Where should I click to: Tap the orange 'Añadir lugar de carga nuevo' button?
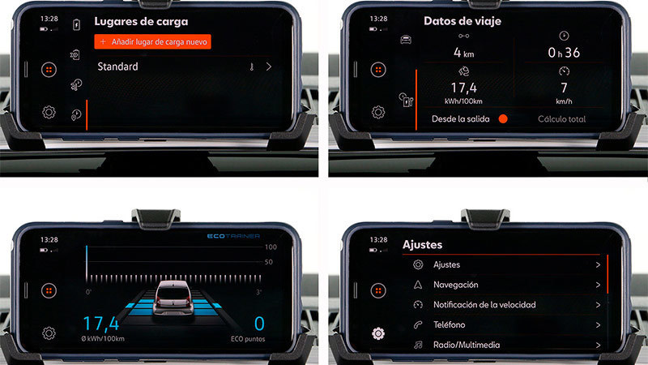[152, 42]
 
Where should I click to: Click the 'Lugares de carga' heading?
[141, 22]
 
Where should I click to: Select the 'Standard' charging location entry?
[117, 67]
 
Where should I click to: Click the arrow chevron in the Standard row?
[269, 67]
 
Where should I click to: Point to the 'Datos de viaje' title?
[463, 21]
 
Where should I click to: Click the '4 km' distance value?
[463, 53]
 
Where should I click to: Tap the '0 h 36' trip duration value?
[564, 53]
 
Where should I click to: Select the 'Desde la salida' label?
[460, 119]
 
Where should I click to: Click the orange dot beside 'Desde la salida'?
[503, 119]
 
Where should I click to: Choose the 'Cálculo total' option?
[561, 119]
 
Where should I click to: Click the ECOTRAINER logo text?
[233, 236]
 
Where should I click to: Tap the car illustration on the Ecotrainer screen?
[173, 298]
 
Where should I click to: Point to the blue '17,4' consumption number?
[100, 323]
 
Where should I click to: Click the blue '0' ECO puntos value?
[259, 324]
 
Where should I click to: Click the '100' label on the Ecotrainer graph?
[271, 247]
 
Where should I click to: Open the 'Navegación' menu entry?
[455, 285]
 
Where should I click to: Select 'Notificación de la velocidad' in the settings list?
[484, 305]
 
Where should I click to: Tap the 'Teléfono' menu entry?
[450, 325]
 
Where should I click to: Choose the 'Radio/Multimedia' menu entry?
[467, 345]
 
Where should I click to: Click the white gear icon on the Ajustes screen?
[378, 333]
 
